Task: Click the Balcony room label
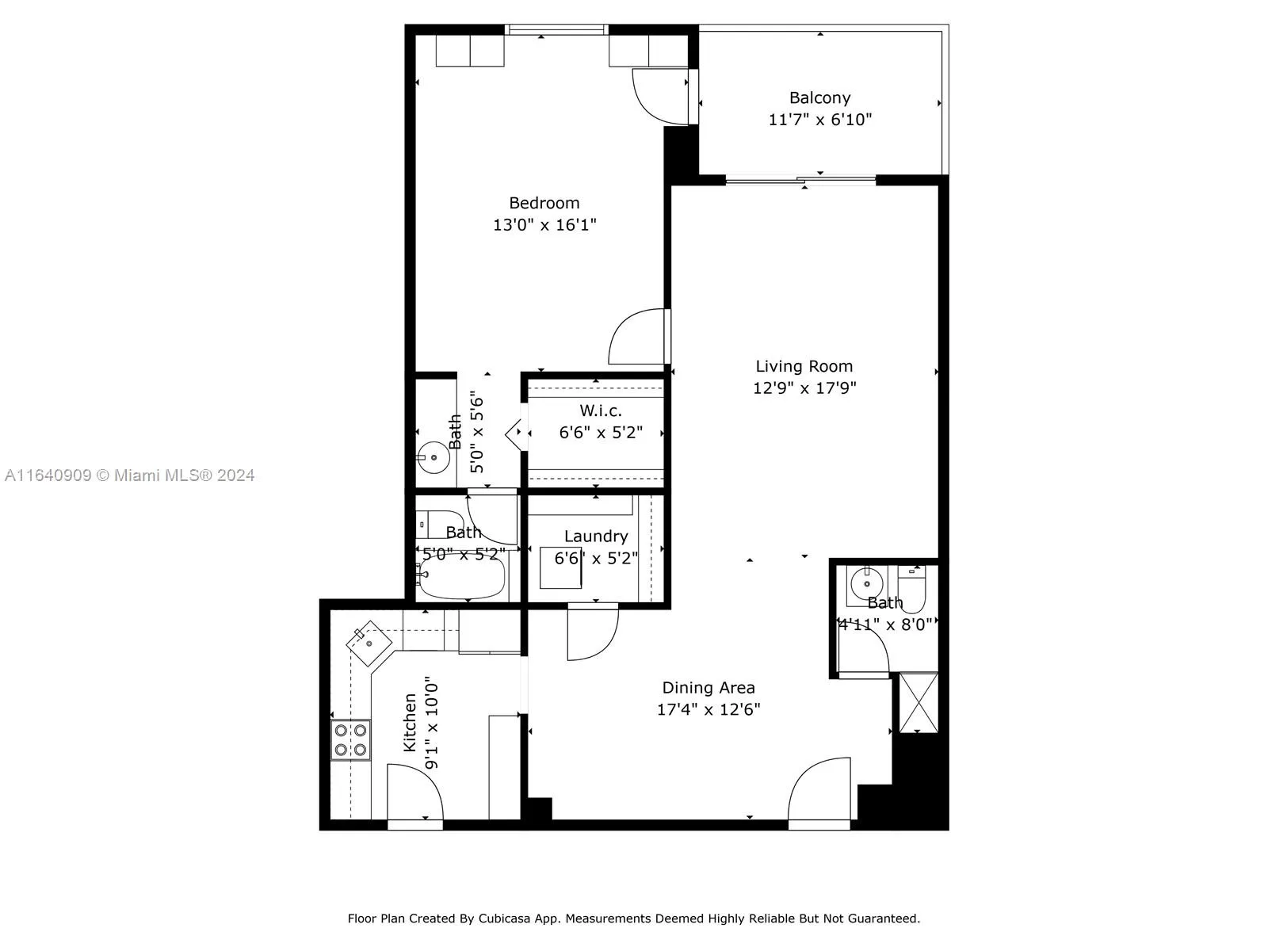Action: tap(819, 97)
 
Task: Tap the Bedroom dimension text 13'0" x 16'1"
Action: tap(544, 225)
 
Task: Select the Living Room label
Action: tap(804, 366)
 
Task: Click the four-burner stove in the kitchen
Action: tap(350, 739)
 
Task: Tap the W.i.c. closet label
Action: tap(601, 411)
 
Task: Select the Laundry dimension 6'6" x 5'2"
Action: tap(596, 558)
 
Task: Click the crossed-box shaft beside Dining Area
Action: tap(919, 702)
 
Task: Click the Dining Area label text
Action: tap(708, 688)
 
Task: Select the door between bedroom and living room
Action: tap(637, 338)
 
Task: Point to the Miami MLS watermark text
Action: tap(129, 475)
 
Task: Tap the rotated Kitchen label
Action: tap(410, 722)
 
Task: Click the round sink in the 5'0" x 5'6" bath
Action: tap(433, 457)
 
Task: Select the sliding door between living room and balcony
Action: tap(800, 181)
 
